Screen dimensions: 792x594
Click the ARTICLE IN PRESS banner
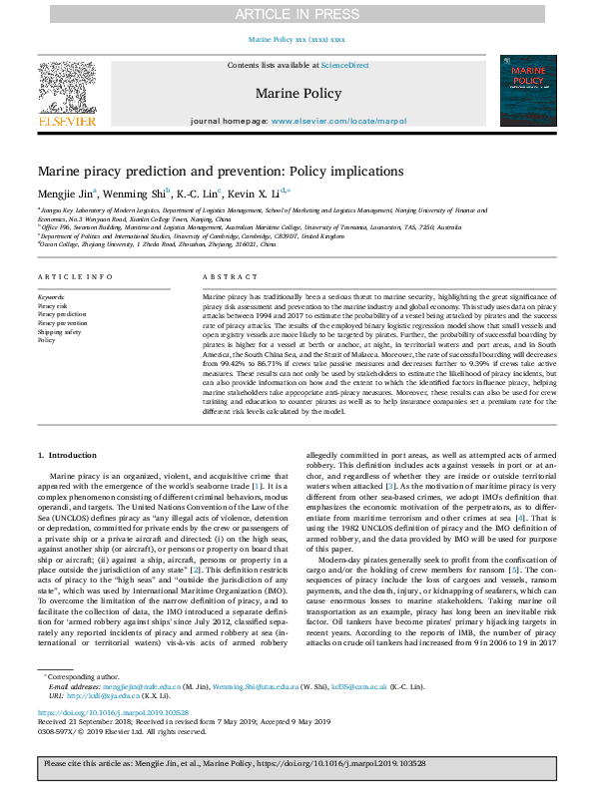click(x=297, y=14)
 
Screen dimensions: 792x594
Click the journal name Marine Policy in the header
click(x=297, y=94)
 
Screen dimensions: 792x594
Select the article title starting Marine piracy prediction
click(x=221, y=171)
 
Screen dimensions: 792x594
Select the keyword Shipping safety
click(x=58, y=331)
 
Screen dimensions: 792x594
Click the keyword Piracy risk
click(x=53, y=305)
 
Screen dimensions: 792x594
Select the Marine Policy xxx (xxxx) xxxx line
click(x=297, y=39)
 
